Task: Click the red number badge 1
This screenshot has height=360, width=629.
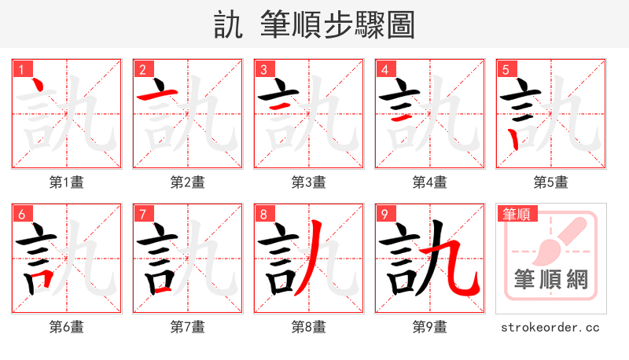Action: pyautogui.click(x=20, y=68)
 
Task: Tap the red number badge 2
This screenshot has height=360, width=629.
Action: pyautogui.click(x=142, y=68)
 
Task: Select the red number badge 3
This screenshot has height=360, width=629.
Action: pyautogui.click(x=263, y=68)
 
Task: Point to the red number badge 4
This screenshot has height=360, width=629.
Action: pyautogui.click(x=384, y=68)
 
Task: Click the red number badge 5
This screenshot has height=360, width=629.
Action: pyautogui.click(x=505, y=68)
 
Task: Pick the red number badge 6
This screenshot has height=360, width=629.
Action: pyautogui.click(x=20, y=214)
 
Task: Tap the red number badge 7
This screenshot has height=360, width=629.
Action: pyautogui.click(x=142, y=214)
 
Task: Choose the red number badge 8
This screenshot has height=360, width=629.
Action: pyautogui.click(x=263, y=214)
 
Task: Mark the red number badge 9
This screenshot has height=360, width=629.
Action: pyautogui.click(x=384, y=214)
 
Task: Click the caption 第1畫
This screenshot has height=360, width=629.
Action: pyautogui.click(x=66, y=182)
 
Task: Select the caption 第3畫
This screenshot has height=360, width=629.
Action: pyautogui.click(x=308, y=182)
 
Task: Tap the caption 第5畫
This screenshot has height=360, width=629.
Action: pyautogui.click(x=550, y=182)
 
